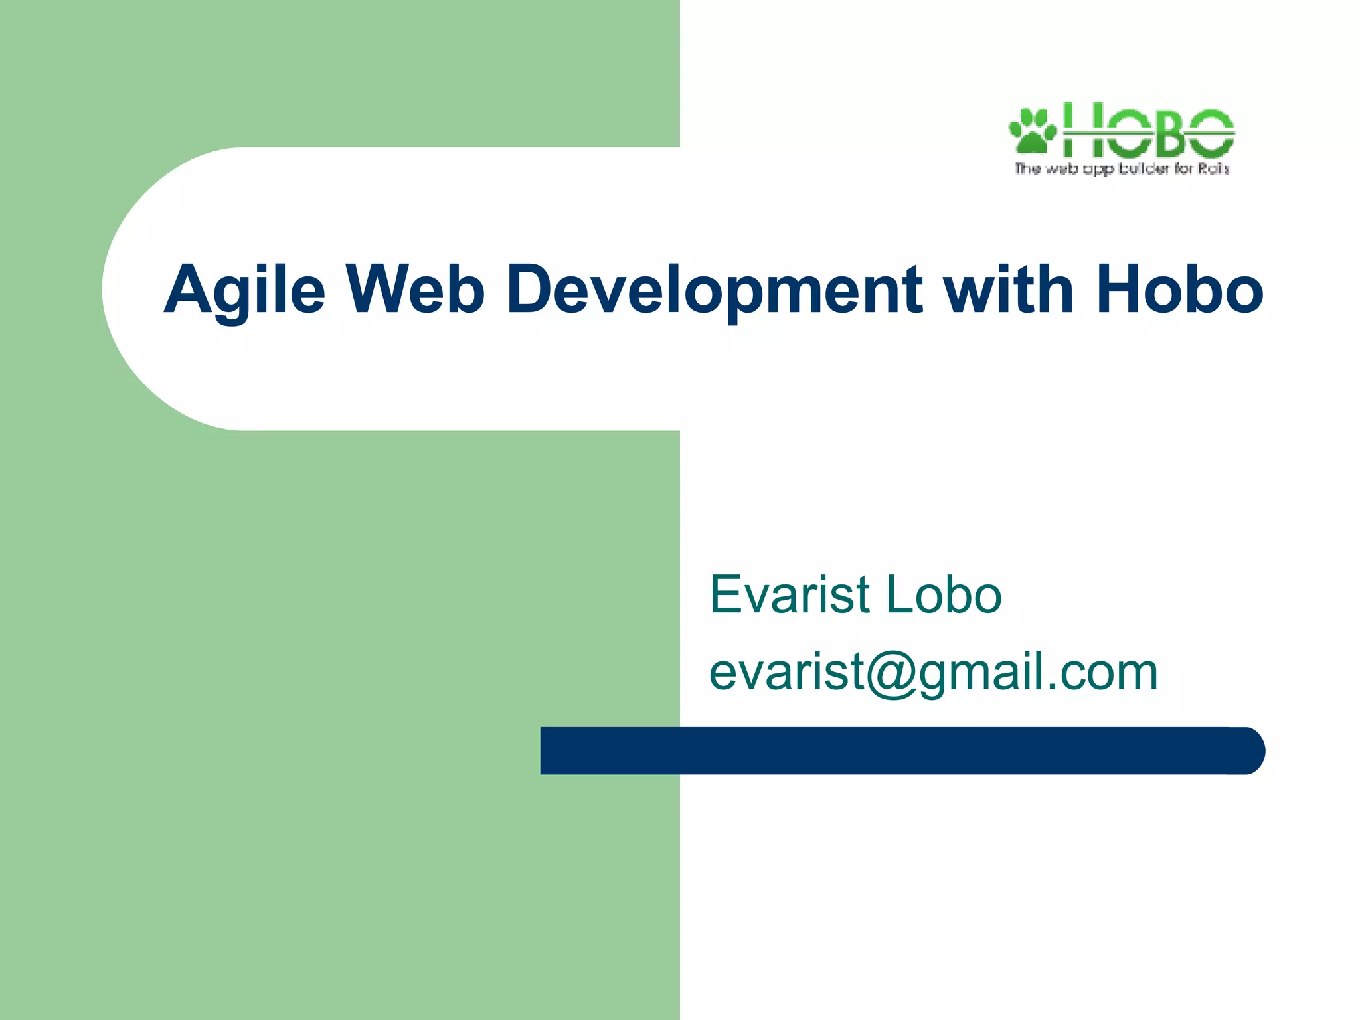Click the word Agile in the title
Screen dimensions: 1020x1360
click(x=244, y=290)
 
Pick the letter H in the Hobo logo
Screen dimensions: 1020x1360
click(x=1084, y=129)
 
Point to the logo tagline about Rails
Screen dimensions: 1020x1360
click(x=1122, y=169)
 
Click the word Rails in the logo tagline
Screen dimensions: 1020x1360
click(x=1213, y=169)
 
